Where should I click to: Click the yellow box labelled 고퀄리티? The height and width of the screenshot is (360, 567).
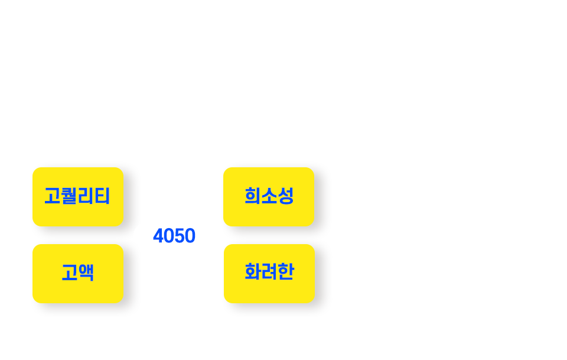pos(78,196)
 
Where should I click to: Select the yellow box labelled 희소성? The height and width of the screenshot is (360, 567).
pos(269,196)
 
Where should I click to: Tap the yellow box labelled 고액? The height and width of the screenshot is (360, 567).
pos(78,274)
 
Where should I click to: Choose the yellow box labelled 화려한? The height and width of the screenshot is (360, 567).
pos(269,274)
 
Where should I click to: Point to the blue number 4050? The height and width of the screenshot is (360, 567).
pos(174,235)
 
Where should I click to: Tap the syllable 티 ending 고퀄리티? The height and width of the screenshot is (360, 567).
pos(102,196)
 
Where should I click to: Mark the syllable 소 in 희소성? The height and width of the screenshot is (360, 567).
pos(269,196)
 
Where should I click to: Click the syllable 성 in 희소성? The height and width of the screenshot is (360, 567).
pos(285,196)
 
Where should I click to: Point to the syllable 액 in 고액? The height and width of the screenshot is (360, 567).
pos(86,273)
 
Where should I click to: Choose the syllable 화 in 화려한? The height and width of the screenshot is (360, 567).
pos(253,272)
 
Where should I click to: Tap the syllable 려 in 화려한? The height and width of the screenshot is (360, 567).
pos(269,272)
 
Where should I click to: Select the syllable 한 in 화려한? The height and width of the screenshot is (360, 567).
pos(286,272)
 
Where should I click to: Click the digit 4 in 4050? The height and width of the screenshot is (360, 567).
pos(158,235)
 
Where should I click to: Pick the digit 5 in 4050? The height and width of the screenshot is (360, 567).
pos(180,235)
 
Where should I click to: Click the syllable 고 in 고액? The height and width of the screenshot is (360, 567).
pos(70,273)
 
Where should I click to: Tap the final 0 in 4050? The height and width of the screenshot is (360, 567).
pos(190,235)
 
